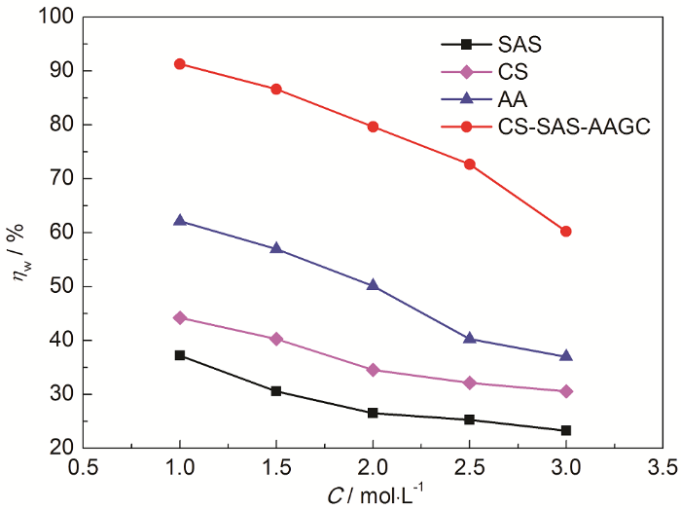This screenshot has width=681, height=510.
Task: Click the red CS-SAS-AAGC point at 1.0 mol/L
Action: [180, 64]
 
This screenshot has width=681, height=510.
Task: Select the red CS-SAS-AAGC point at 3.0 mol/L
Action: [566, 232]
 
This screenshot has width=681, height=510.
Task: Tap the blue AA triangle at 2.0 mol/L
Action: [373, 285]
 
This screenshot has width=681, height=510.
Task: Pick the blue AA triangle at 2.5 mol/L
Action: [470, 339]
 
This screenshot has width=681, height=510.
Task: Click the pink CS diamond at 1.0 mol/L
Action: [180, 317]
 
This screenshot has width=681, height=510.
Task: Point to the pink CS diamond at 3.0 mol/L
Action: [566, 391]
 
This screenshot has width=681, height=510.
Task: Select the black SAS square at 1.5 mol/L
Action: [276, 391]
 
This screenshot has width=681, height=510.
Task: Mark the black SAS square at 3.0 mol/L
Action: [566, 430]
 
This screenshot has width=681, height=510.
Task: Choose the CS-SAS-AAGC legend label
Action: [559, 126]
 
